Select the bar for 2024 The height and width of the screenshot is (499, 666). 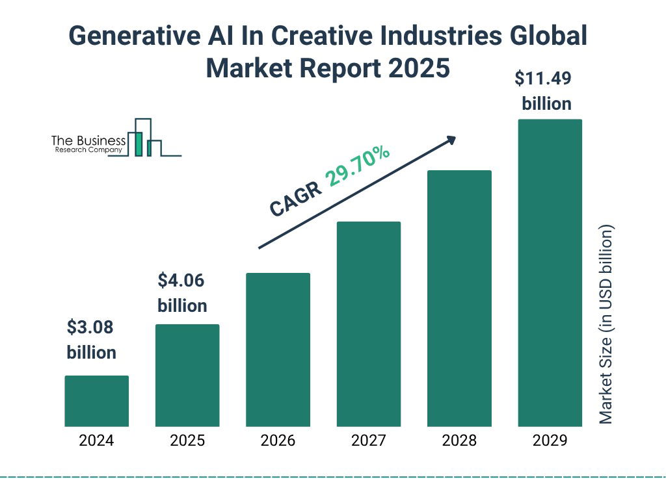96,401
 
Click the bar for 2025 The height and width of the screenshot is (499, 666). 187,375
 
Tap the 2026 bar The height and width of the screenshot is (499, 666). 278,350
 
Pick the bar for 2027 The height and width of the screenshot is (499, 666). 368,324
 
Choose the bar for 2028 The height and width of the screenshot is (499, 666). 459,298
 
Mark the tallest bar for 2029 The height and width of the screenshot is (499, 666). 550,273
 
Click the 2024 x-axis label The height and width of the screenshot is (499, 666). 96,441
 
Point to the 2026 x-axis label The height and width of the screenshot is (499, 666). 278,441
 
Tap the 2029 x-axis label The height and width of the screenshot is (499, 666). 550,441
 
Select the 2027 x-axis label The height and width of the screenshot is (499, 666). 368,441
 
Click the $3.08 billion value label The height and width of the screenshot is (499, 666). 92,340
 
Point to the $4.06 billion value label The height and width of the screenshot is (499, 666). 182,293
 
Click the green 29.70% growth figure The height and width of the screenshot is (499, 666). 358,167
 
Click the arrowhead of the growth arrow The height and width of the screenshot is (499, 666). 451,139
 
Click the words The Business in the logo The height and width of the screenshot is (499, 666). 88,140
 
